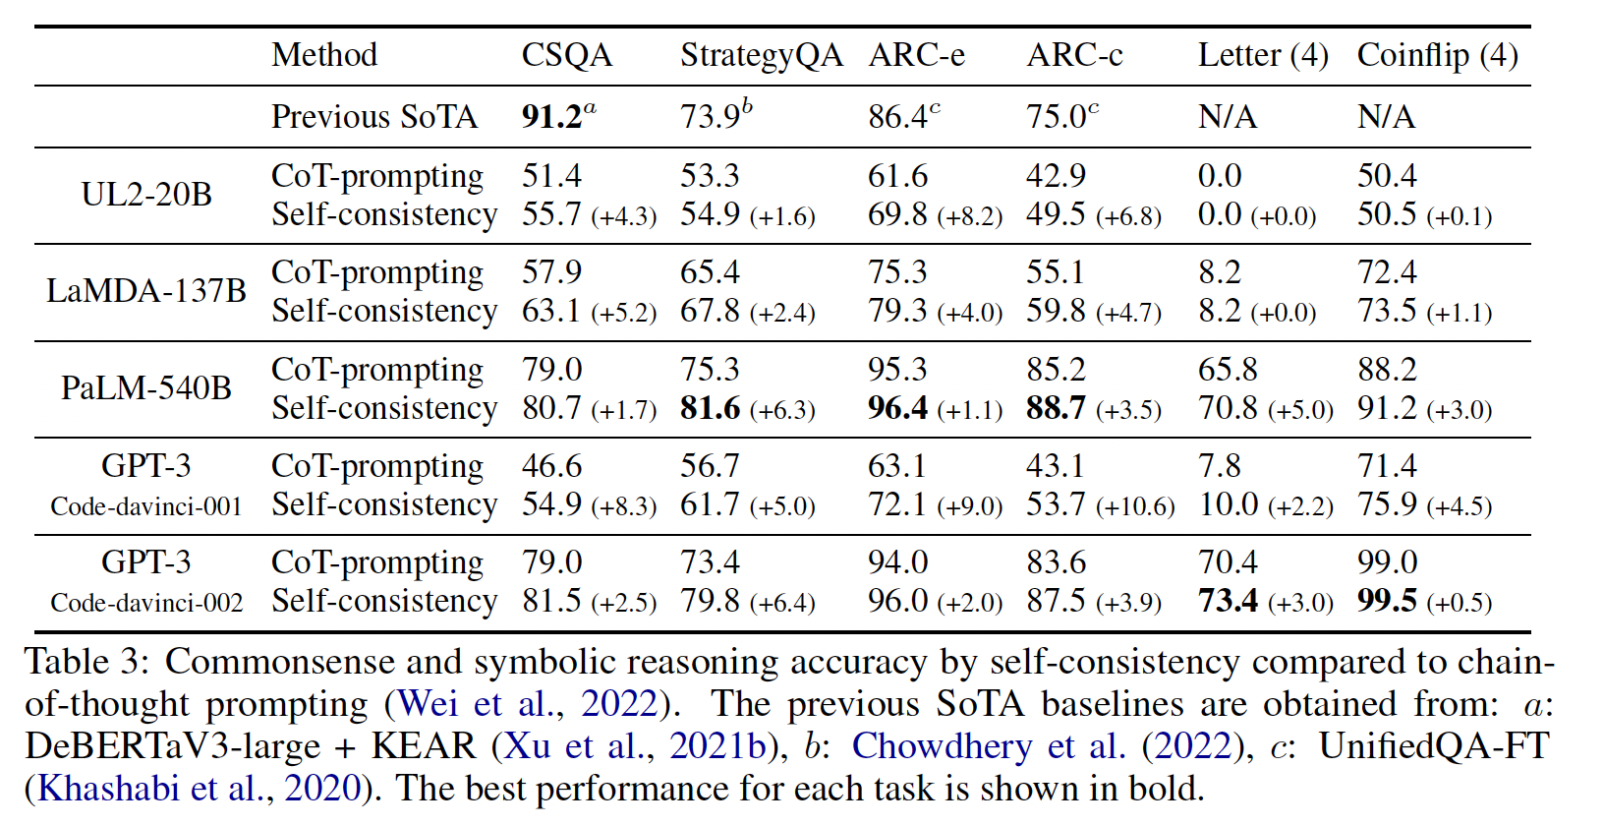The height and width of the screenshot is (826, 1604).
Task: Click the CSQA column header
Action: (x=566, y=55)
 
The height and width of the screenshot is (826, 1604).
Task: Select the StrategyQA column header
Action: (x=761, y=55)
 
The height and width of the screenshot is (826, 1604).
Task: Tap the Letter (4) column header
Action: (x=1262, y=55)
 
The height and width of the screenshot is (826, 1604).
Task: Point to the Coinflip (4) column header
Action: (x=1437, y=55)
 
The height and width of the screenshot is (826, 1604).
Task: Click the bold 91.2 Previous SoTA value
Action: (x=552, y=117)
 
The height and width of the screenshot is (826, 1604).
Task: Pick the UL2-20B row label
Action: (x=146, y=195)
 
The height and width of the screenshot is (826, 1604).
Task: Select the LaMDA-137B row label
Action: (x=146, y=291)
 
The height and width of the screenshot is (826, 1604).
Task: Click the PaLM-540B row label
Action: (x=146, y=388)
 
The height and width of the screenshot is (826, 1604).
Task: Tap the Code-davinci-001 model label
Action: (x=146, y=506)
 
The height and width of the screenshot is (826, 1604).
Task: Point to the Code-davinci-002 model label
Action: (x=146, y=603)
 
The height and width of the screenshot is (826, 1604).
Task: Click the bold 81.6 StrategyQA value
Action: (x=710, y=408)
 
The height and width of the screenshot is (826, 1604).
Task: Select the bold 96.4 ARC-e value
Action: (x=897, y=408)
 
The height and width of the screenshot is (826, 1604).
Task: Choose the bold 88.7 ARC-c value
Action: (x=1056, y=408)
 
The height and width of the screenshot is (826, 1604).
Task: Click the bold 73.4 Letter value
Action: (x=1228, y=601)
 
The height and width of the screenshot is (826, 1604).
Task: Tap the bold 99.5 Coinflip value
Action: (x=1387, y=601)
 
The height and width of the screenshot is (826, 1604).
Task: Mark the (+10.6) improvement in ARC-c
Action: (x=1135, y=506)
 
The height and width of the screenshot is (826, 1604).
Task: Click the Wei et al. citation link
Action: (x=476, y=704)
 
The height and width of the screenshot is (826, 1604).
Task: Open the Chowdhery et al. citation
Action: (x=988, y=746)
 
